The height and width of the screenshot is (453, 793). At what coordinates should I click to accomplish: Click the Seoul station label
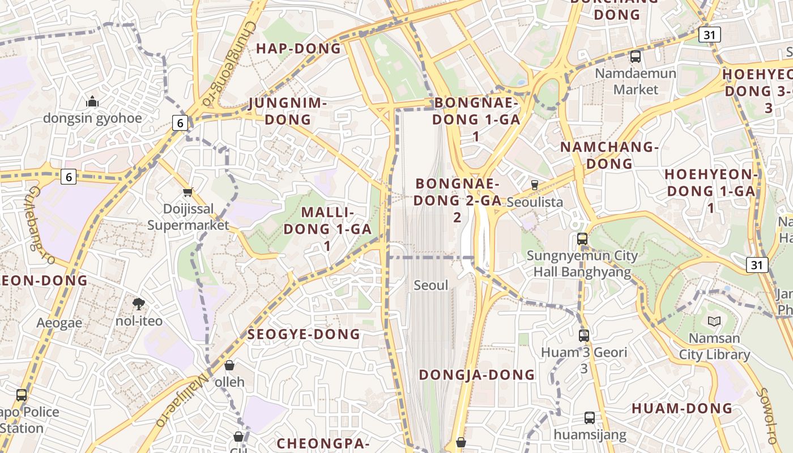430,285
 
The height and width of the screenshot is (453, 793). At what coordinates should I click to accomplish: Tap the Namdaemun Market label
636,82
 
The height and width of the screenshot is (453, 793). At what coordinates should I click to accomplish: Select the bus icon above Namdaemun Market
636,57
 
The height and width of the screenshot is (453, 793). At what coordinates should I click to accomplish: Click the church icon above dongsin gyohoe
92,102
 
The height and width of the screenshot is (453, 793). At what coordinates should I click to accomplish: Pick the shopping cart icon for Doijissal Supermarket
187,193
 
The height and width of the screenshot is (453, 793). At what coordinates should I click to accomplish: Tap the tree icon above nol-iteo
138,305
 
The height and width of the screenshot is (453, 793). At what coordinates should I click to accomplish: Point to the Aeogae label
59,323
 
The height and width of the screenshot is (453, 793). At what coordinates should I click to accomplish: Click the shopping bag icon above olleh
229,365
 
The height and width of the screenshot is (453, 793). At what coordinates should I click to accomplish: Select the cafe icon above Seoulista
534,185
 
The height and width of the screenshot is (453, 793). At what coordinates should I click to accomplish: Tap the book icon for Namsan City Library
714,322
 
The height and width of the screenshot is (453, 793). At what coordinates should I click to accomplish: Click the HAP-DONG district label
299,49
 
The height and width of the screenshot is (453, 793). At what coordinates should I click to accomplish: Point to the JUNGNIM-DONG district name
288,112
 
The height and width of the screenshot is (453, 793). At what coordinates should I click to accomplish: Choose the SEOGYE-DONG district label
304,335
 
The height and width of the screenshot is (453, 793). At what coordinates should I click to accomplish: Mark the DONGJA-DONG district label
477,375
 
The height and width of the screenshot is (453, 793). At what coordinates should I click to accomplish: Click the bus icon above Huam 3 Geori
584,335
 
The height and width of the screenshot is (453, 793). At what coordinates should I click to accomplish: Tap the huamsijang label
590,435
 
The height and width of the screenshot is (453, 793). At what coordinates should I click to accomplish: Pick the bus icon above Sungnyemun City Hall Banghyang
582,239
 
